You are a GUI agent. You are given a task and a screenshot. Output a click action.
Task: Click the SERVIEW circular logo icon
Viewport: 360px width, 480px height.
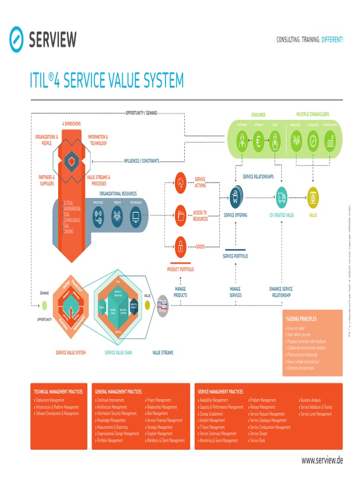[16, 39]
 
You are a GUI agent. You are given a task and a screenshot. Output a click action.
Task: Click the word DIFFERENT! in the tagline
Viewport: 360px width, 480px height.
[332, 40]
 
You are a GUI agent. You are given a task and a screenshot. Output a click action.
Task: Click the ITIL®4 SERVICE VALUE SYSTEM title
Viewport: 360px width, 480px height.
[107, 80]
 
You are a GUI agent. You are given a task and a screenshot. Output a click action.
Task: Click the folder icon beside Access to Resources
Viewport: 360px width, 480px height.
[180, 216]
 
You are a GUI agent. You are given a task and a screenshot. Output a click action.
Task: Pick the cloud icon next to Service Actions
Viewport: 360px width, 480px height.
[180, 182]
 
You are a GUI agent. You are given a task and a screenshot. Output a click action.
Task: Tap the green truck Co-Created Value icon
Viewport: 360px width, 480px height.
[281, 197]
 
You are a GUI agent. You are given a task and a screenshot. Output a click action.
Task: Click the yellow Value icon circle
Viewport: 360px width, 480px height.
[313, 197]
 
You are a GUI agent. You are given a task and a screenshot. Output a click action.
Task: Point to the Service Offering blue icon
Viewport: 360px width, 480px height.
[235, 198]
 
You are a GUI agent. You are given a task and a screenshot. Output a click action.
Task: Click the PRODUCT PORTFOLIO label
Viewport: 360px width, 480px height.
[180, 270]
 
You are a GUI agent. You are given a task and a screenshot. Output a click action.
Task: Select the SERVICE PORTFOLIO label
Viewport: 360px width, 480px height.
[235, 256]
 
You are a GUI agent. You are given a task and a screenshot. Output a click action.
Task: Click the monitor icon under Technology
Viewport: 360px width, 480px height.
[136, 217]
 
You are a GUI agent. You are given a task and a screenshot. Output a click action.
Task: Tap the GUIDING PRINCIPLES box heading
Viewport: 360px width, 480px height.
[301, 319]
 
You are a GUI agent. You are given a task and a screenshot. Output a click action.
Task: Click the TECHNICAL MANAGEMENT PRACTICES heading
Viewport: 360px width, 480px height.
[58, 391]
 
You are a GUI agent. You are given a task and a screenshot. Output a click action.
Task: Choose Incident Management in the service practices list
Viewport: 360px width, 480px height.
[212, 420]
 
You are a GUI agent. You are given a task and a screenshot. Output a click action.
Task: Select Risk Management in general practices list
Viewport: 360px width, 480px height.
[157, 414]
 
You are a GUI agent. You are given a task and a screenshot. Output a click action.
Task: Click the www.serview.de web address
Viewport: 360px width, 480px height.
[322, 460]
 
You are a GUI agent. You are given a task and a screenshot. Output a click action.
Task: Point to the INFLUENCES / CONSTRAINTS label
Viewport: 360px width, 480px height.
[141, 161]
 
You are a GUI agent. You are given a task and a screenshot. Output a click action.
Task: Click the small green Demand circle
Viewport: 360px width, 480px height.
[44, 306]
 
